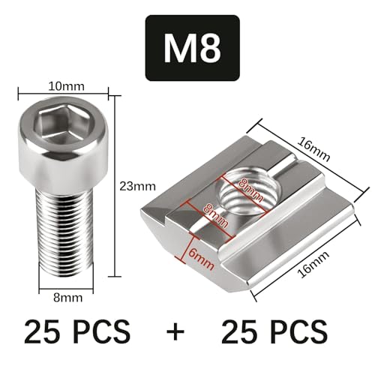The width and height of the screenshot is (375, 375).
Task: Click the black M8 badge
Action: [x=191, y=48]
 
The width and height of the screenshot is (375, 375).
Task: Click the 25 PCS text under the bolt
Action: [x=76, y=330]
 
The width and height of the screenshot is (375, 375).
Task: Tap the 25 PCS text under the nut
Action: [x=274, y=330]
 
